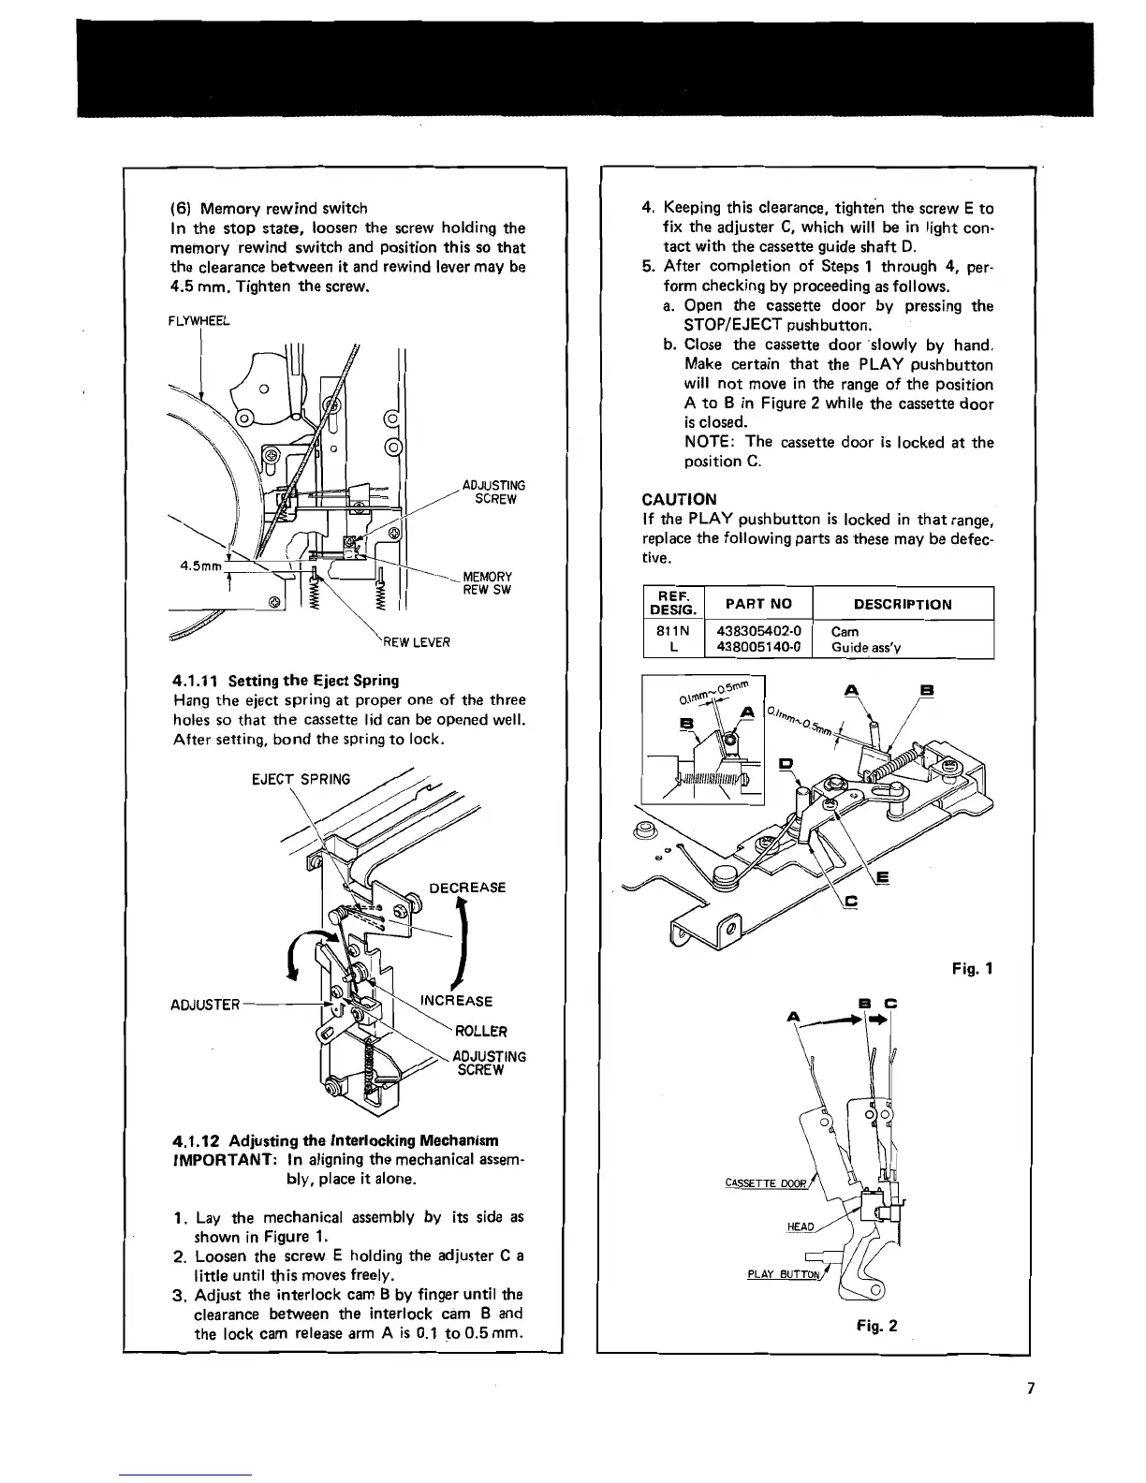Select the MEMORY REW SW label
point(488,583)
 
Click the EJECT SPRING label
point(301,779)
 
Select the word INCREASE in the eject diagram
point(456,1001)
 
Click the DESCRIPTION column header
point(903,604)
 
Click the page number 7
point(1029,1388)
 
